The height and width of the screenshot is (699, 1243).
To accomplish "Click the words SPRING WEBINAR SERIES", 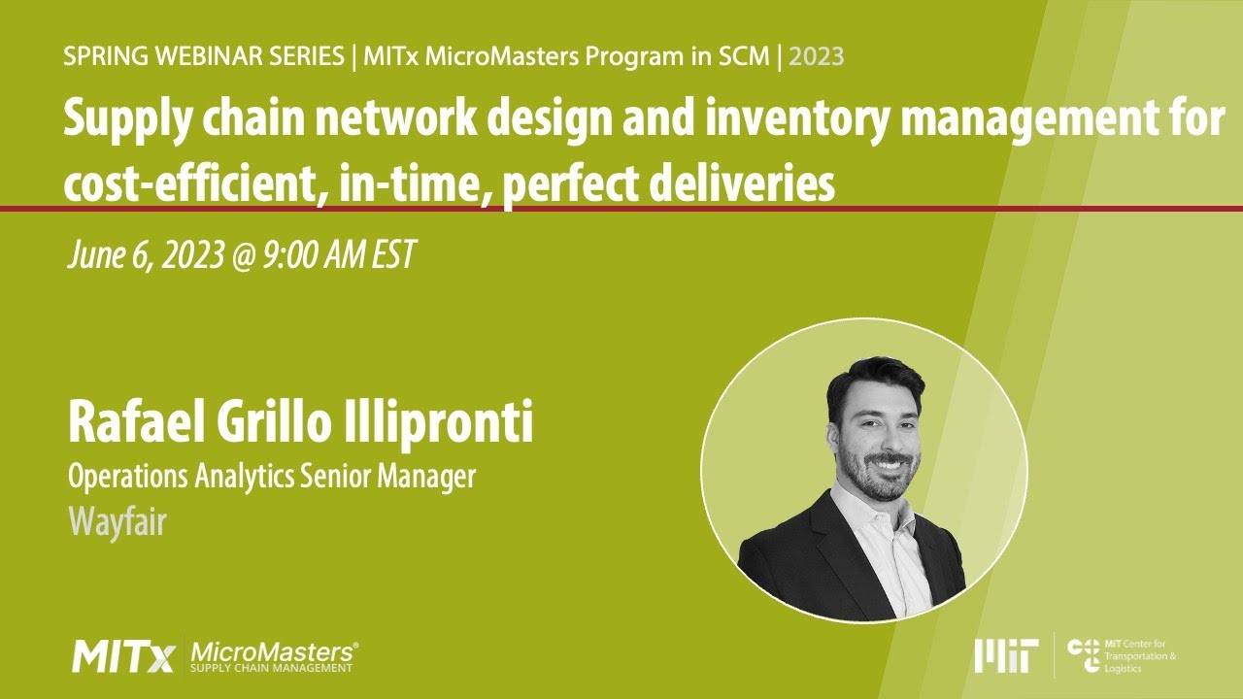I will (x=204, y=56).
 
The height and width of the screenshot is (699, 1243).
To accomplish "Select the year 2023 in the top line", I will (x=816, y=56).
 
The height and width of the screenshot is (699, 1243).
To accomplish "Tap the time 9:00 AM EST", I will (x=339, y=255).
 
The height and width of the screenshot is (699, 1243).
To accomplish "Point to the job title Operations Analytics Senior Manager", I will (x=272, y=477).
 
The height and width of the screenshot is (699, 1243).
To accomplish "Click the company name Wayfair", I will (x=118, y=522).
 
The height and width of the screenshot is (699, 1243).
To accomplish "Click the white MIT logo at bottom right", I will (x=1006, y=656).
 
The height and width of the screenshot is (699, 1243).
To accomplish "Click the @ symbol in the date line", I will (x=238, y=255).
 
